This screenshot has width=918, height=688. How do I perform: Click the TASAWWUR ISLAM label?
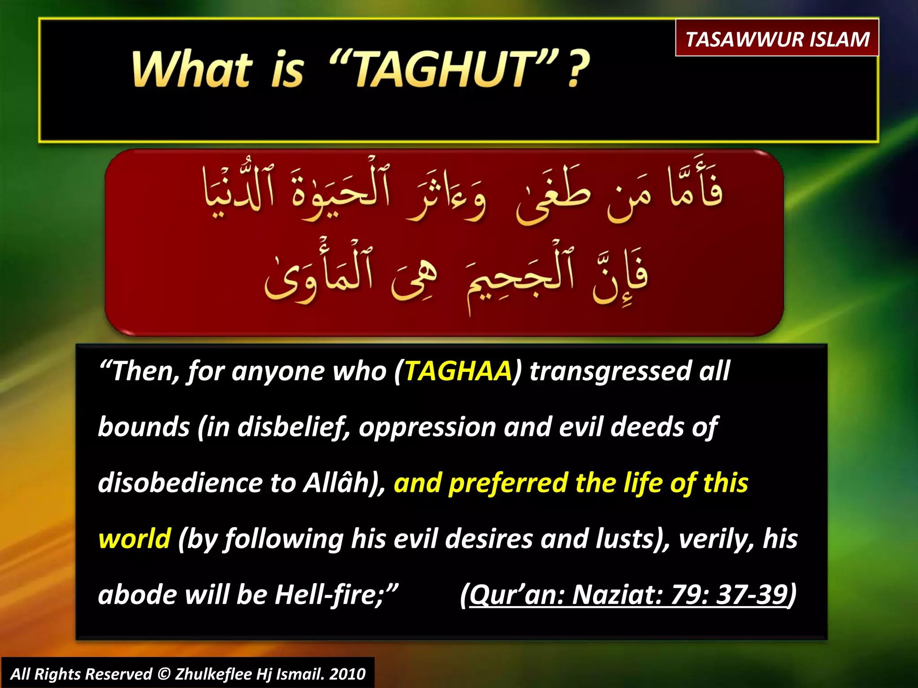point(777,39)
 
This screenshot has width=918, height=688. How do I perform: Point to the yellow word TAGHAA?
point(458,371)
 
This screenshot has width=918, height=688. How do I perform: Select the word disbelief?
point(293,427)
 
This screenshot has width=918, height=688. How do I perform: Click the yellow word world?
point(134,538)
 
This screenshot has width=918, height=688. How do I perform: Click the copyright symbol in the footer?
point(165,674)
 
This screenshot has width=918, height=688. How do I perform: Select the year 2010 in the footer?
point(347,674)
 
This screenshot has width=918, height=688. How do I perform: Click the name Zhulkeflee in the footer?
point(213,674)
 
